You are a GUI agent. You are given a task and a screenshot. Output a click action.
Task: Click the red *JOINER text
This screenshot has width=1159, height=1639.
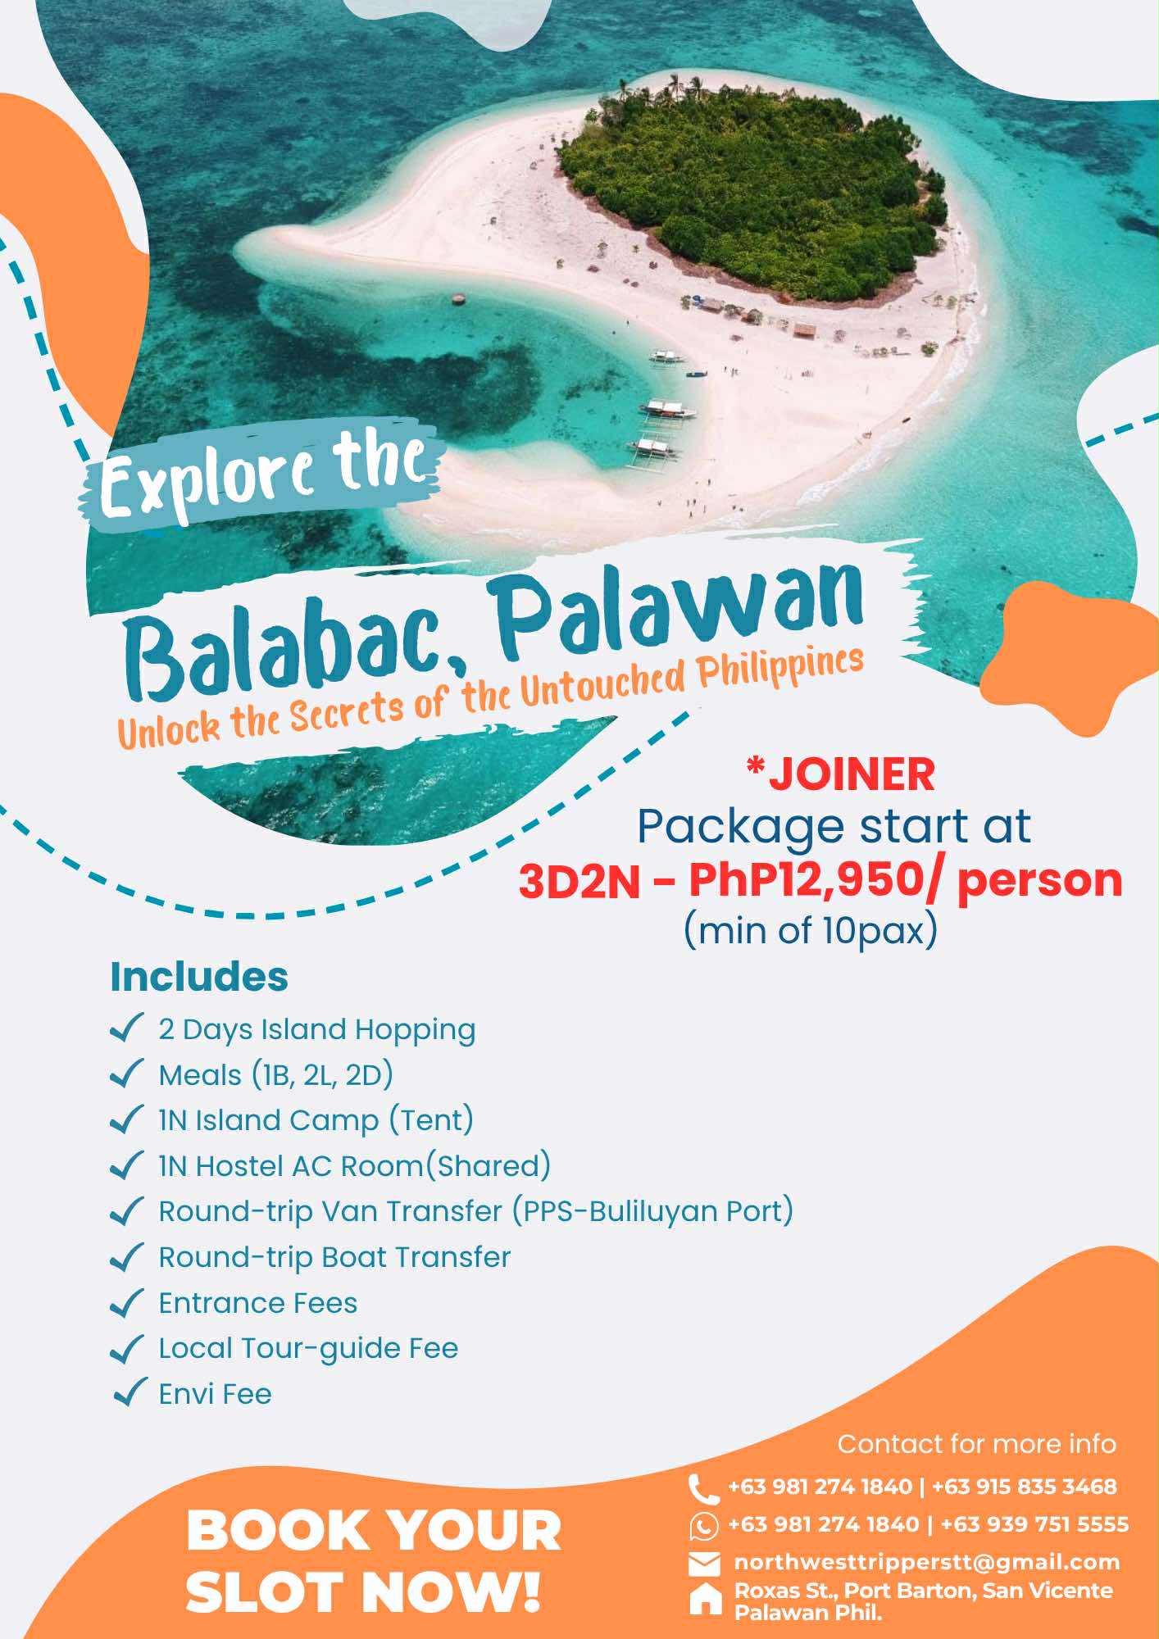840,774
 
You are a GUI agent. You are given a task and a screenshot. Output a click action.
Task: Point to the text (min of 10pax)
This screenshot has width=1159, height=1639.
810,931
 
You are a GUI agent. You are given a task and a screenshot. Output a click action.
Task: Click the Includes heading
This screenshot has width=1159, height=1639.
199,977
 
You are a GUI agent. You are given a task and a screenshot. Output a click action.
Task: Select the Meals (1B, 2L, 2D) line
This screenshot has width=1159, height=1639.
275,1075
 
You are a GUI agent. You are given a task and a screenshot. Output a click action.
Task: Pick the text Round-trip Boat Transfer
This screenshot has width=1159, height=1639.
334,1257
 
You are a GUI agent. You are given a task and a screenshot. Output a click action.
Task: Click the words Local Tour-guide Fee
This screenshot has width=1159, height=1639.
308,1348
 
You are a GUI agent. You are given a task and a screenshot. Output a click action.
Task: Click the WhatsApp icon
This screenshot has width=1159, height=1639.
703,1526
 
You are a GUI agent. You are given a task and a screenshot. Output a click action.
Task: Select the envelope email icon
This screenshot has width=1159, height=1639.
704,1564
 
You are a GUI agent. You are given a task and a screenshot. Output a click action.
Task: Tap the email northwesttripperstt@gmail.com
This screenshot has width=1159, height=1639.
927,1563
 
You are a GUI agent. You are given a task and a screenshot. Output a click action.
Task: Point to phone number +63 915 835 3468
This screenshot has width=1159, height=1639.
1025,1487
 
